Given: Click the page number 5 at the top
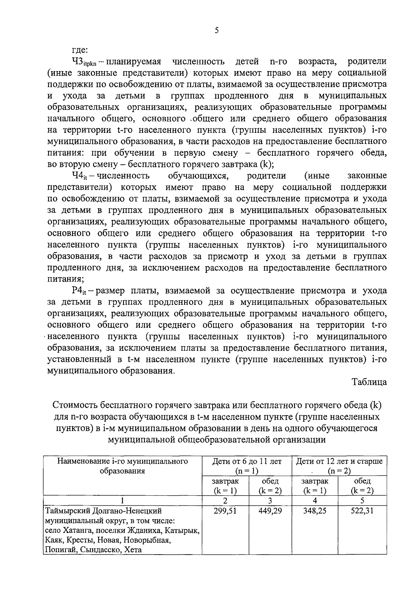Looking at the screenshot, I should coord(217,31).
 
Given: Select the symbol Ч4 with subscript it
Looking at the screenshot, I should coord(79,177).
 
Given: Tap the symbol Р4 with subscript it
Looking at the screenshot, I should coord(79,291).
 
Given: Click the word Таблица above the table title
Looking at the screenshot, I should coord(369,382).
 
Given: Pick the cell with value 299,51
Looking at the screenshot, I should coord(225,511).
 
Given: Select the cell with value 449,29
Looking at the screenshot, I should coord(270,511).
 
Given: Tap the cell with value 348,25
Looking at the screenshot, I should coord(315,511).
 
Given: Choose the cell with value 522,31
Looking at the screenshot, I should coord(362,511).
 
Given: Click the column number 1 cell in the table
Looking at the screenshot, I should coord(122,500).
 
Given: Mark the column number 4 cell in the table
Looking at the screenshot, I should coord(315,500).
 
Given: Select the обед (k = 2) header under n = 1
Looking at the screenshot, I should coord(270,486).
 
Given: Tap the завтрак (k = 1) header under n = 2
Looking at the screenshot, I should coord(315,486).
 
